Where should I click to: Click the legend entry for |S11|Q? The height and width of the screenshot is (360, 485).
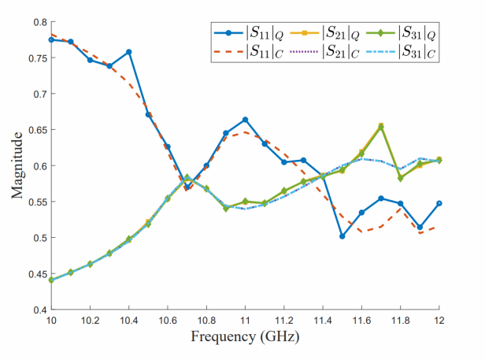point(245,34)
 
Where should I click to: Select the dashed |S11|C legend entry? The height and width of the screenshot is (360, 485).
point(245,53)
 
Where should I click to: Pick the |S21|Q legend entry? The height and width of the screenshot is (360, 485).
point(320,34)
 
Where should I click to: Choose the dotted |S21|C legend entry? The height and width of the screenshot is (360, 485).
point(320,53)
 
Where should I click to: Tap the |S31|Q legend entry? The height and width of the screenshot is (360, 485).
point(397,34)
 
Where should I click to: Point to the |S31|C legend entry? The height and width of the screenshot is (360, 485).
point(397,53)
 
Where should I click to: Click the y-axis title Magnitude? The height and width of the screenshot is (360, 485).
point(17,165)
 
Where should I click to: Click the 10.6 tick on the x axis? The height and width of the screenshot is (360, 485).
point(168,321)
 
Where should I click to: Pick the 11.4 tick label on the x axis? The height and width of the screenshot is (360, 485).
point(323,321)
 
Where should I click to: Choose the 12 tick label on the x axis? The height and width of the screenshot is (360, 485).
point(439,321)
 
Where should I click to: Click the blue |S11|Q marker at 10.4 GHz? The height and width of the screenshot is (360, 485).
point(129,52)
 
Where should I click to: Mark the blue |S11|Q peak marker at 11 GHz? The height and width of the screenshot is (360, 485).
point(245,120)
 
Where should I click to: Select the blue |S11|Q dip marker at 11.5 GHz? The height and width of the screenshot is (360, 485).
point(342,236)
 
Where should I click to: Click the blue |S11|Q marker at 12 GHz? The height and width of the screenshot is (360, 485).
point(439,203)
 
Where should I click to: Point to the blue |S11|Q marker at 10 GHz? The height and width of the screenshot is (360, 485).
point(51,39)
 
